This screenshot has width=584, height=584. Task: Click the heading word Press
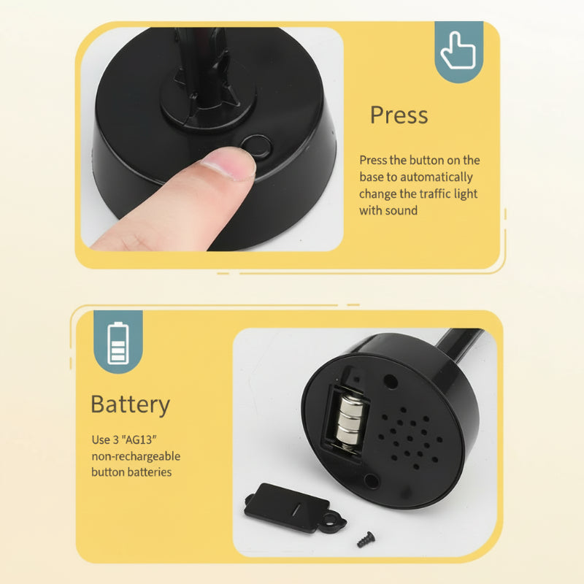point(399,115)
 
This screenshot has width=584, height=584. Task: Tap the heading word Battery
point(131,405)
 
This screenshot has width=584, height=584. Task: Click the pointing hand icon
point(458,50)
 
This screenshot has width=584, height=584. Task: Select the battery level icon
point(118,342)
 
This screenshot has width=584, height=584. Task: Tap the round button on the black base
point(256,147)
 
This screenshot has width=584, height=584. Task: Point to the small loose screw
point(366,539)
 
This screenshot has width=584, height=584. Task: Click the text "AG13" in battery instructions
point(139,440)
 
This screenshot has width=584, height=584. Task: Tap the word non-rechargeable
point(136,456)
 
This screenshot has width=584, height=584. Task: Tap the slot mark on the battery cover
point(296,509)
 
